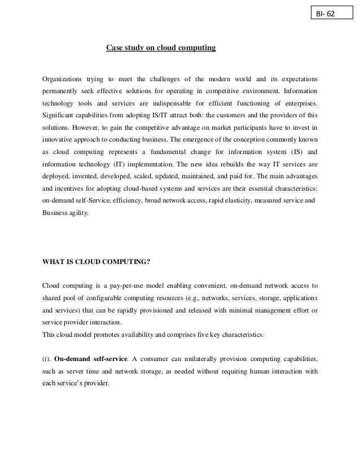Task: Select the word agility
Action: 78,213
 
